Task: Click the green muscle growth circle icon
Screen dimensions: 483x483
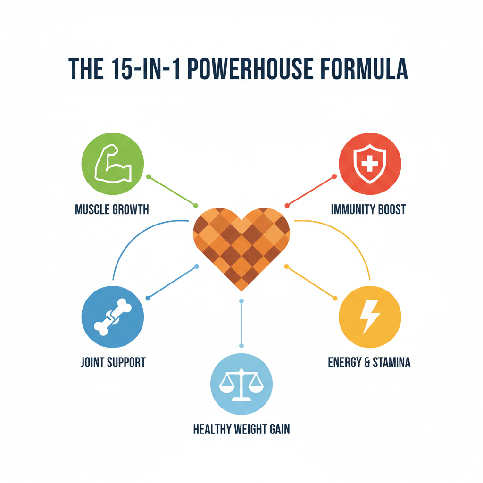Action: click(x=112, y=164)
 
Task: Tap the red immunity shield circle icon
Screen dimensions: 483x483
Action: click(x=370, y=164)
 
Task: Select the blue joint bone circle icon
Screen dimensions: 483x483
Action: click(x=112, y=317)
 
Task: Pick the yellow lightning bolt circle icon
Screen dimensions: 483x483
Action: click(x=370, y=317)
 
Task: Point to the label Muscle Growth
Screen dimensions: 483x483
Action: click(x=112, y=209)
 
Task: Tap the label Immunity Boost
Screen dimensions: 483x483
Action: click(x=368, y=209)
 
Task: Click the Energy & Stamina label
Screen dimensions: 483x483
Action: click(x=369, y=362)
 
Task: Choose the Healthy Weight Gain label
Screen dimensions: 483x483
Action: click(x=241, y=429)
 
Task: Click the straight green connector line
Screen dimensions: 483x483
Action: click(x=172, y=191)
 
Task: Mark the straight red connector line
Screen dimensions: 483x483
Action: click(x=310, y=191)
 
